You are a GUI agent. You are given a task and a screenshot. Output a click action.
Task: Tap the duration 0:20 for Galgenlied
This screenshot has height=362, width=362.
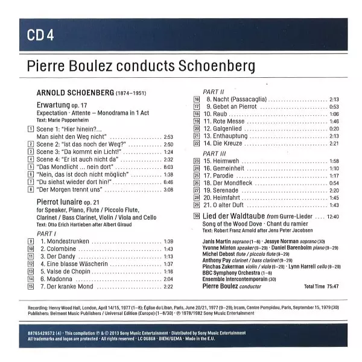tap(334, 129)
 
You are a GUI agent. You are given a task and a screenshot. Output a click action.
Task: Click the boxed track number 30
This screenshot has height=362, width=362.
tap(196, 215)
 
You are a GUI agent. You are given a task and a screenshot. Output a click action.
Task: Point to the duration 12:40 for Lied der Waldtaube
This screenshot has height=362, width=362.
tap(332, 215)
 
